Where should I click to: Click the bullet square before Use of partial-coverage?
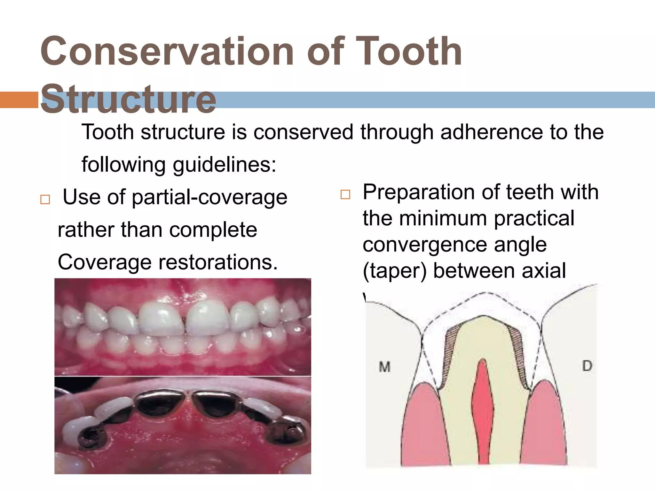click(45, 199)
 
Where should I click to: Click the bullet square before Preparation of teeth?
click(345, 194)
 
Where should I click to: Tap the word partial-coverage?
click(209, 197)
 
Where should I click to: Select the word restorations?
click(218, 262)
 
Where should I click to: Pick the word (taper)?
click(395, 271)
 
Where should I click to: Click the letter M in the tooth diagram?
click(384, 367)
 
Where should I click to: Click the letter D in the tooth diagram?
click(587, 366)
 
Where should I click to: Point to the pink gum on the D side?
click(544, 425)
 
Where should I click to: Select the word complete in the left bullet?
click(213, 230)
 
